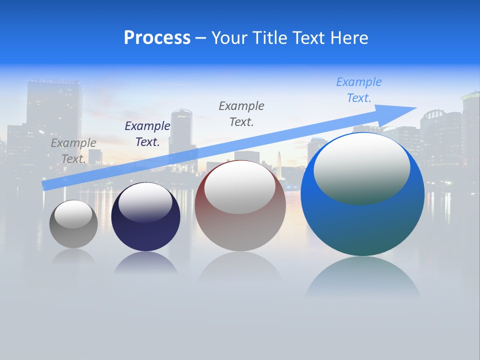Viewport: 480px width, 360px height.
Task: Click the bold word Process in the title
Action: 157,38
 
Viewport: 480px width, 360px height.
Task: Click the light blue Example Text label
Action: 358,90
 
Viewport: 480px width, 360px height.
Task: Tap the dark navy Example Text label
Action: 147,134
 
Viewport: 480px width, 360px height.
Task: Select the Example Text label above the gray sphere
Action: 73,150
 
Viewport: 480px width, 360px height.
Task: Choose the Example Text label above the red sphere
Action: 241,113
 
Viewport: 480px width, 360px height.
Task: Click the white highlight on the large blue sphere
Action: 361,167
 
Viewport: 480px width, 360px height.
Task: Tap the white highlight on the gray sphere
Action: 73,214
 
